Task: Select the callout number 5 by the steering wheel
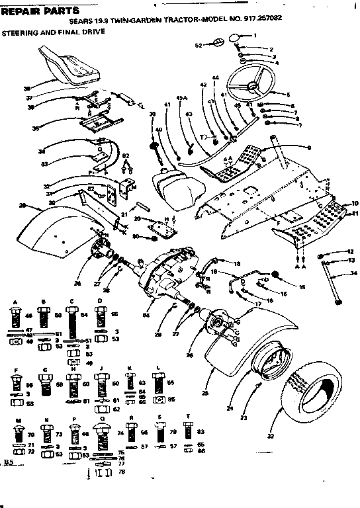coord(289,95)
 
